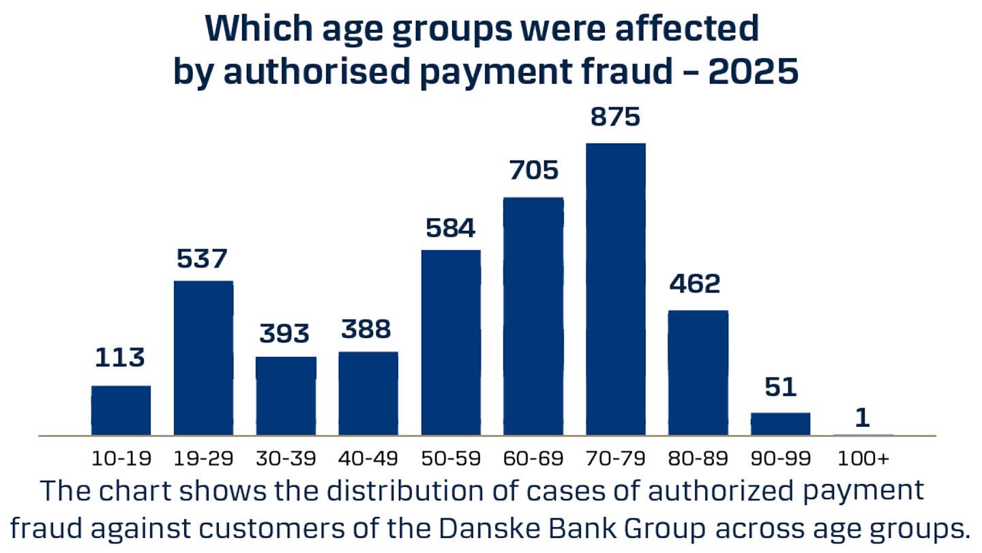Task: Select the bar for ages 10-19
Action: coord(121,410)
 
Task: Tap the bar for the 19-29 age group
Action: coord(203,358)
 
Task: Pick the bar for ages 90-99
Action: coord(780,423)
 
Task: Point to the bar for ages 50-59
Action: coord(451,342)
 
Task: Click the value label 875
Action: coord(616,117)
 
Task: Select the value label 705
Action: coord(533,170)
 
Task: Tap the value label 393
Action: coord(285,334)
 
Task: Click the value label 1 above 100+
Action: coord(863,419)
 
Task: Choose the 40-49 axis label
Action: coord(368,458)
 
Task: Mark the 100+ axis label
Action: coord(863,458)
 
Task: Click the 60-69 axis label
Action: coord(533,458)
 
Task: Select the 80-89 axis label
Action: coord(698,458)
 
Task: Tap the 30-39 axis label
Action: coord(286,458)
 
